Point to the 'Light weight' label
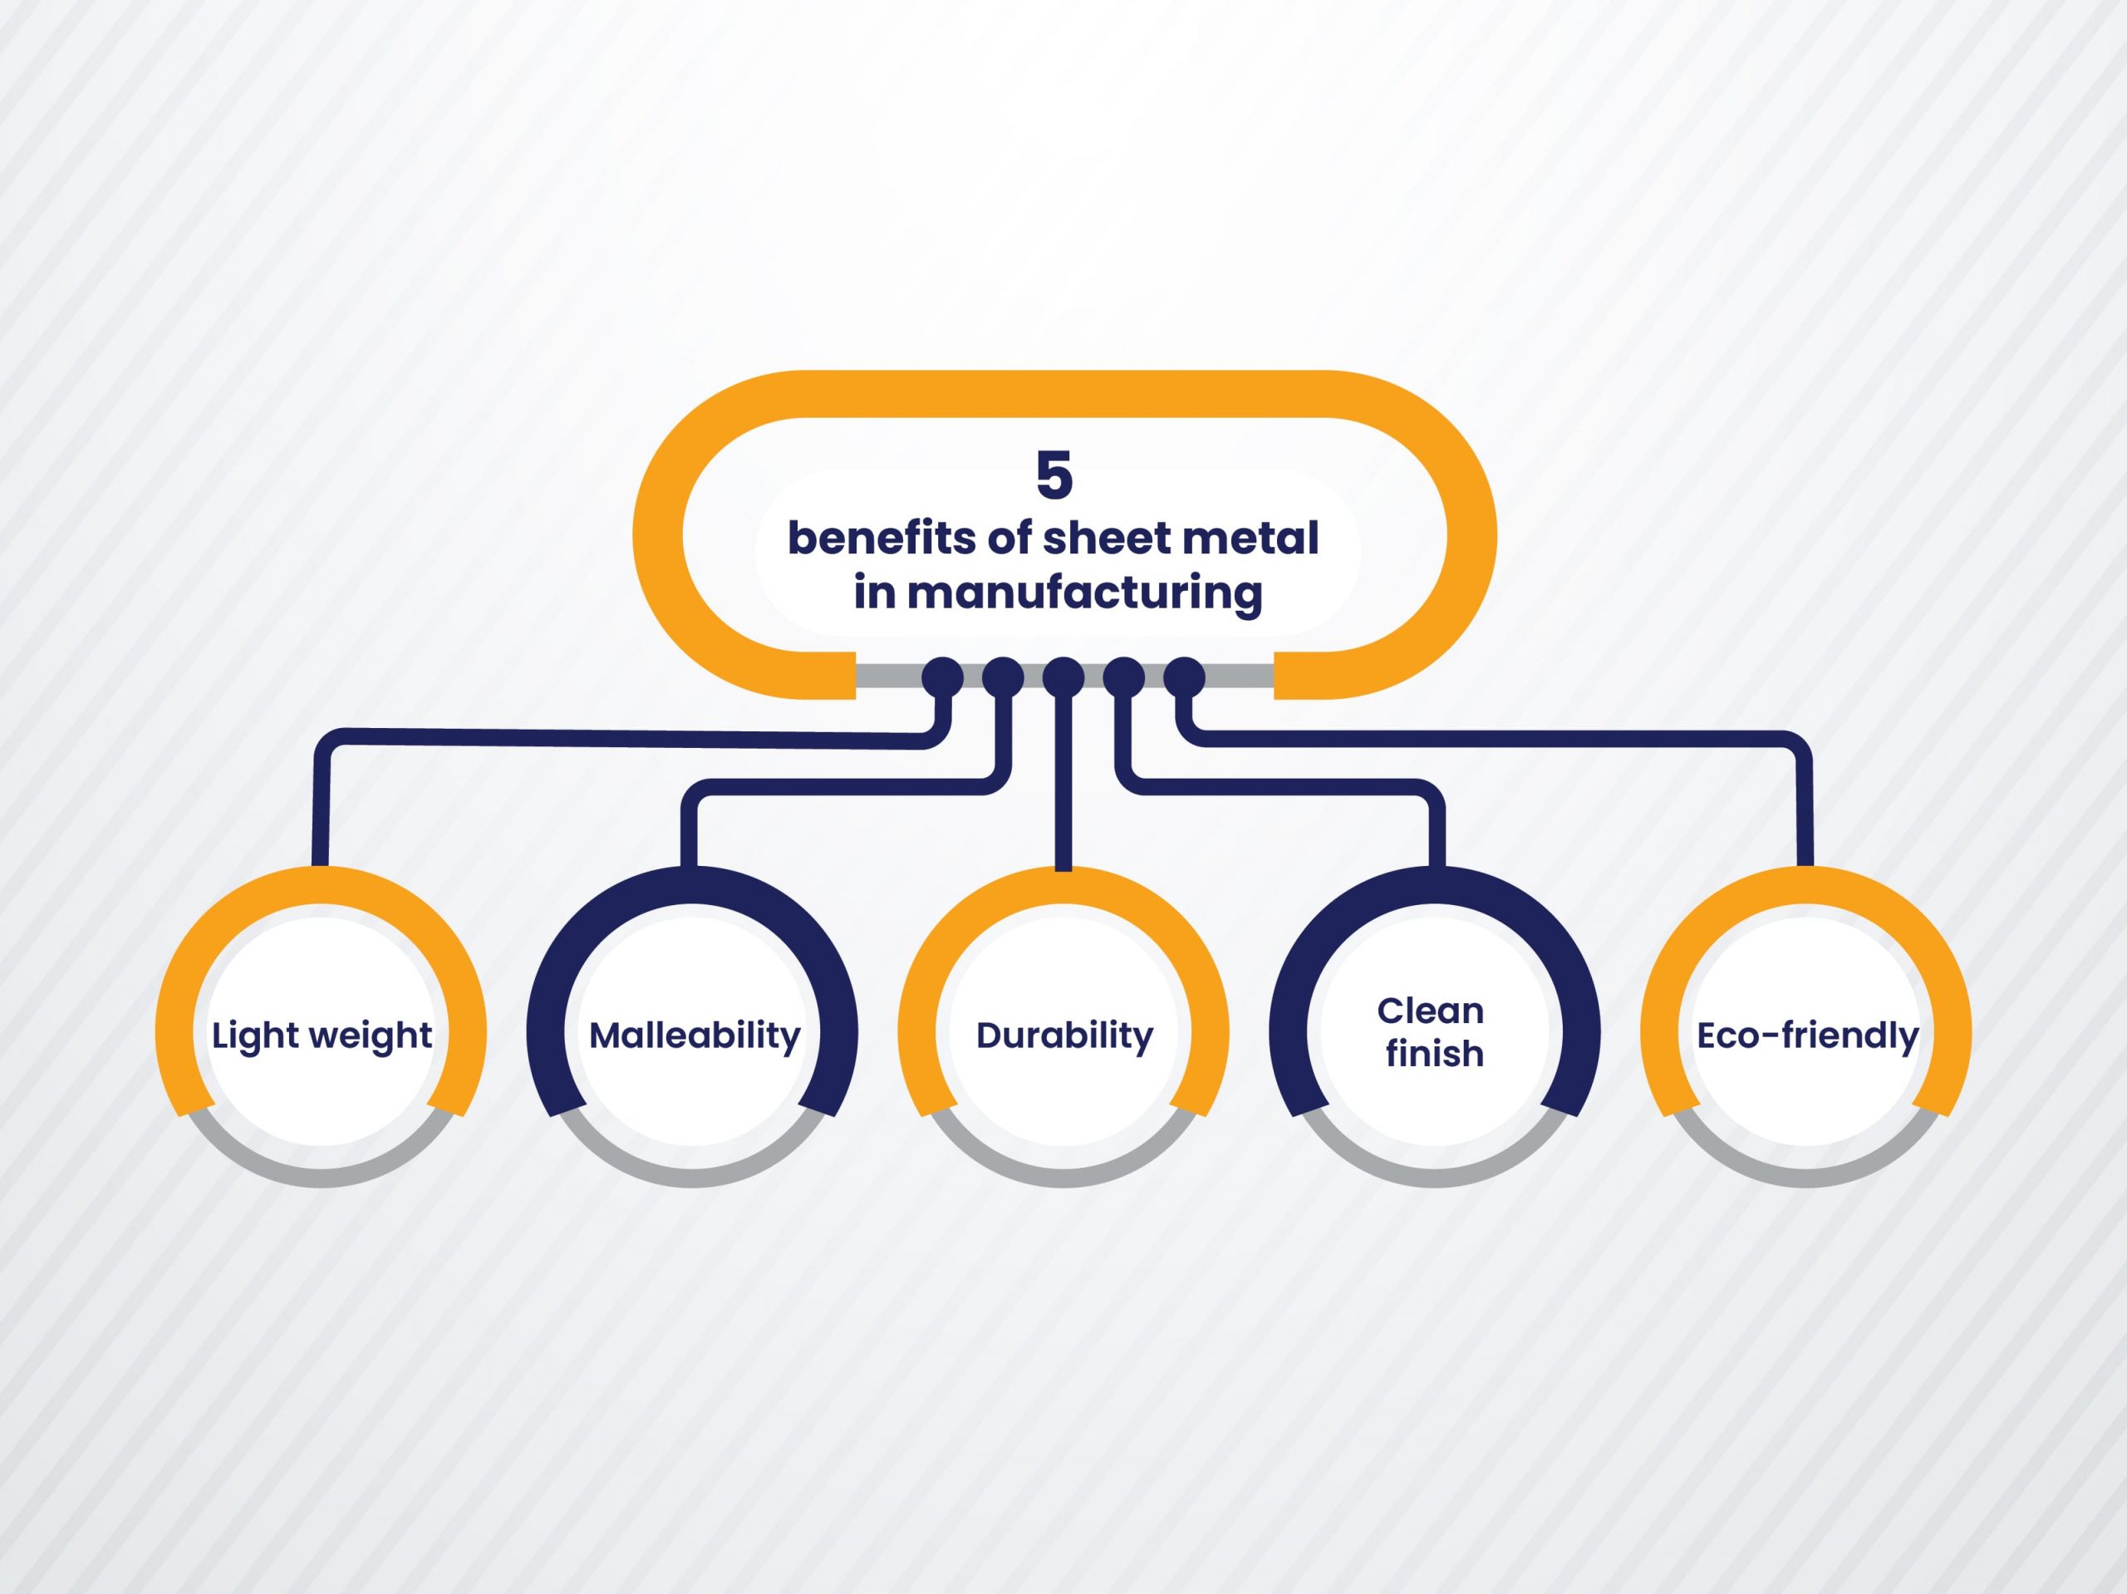tap(322, 1037)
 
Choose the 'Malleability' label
tap(695, 1037)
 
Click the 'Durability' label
tap(1064, 1037)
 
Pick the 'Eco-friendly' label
tap(1808, 1037)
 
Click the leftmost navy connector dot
tap(942, 678)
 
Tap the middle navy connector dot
tap(1063, 678)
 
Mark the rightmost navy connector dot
tap(1185, 678)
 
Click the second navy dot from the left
tap(1003, 678)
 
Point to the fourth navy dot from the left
tap(1124, 678)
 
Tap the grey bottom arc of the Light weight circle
tap(322, 1178)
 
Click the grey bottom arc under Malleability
tap(692, 1178)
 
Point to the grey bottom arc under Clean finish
tap(1435, 1178)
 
